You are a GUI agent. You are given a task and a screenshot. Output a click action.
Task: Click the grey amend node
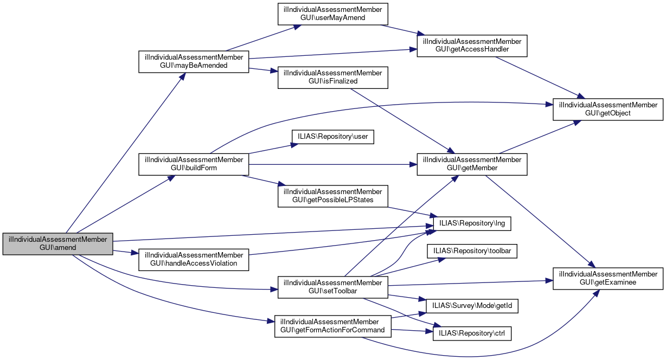pos(57,243)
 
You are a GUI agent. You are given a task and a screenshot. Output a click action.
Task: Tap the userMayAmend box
pos(333,14)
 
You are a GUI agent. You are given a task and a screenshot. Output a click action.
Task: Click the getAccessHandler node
pos(472,46)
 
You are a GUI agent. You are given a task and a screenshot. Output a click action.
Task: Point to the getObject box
pos(608,110)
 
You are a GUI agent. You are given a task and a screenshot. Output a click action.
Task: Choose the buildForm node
pos(194,164)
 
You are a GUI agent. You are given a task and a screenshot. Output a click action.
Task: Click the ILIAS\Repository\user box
pos(333,137)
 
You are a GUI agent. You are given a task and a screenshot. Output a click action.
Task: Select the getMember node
pos(472,164)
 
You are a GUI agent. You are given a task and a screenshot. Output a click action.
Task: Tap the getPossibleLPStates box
pos(333,196)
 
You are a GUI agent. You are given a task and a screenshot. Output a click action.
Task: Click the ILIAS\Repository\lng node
pos(472,223)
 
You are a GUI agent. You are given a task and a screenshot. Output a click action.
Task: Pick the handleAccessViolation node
pos(194,260)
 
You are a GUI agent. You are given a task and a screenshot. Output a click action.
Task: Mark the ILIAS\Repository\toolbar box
pos(472,251)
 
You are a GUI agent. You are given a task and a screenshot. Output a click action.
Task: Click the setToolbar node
pos(333,287)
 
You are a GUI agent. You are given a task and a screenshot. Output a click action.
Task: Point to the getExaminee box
pos(608,278)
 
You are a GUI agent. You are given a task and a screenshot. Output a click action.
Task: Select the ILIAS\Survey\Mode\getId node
pos(472,306)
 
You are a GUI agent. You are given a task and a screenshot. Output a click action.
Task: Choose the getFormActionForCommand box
pos(333,326)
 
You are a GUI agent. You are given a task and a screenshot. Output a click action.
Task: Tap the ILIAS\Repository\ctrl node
pos(472,333)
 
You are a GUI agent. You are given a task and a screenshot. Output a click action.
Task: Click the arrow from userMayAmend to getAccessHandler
pos(401,31)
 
